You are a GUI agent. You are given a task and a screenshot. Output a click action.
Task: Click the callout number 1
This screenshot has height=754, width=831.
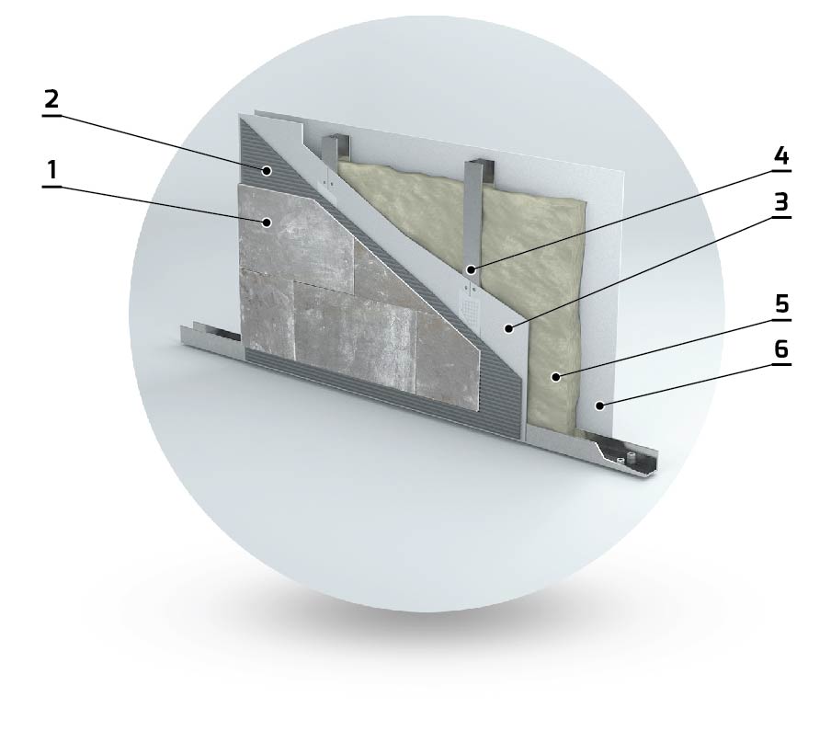click(x=51, y=170)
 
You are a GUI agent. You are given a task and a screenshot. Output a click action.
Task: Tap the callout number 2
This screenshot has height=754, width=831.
click(x=51, y=99)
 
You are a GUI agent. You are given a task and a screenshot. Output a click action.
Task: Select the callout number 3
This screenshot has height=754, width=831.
click(x=781, y=202)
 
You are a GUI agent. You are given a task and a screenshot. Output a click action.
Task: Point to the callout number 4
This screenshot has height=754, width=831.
click(x=781, y=156)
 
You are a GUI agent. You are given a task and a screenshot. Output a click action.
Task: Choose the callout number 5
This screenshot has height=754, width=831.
click(x=781, y=304)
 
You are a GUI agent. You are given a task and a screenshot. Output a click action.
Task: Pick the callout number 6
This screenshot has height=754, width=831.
click(x=781, y=349)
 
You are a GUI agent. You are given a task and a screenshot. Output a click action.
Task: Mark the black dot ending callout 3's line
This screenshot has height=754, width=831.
click(x=508, y=329)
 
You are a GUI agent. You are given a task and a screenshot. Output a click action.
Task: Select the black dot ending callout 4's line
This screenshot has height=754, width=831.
click(x=471, y=270)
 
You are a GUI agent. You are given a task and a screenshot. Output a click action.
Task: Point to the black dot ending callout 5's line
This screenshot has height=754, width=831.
click(x=555, y=377)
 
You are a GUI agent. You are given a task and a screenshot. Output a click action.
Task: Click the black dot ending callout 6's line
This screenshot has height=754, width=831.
click(x=599, y=406)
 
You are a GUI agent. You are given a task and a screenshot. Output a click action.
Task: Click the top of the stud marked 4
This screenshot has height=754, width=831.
click(x=480, y=162)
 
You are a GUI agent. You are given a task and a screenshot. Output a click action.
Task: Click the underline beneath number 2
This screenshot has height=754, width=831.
click(x=51, y=114)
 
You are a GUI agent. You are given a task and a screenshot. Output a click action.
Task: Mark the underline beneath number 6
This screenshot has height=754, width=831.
click(x=781, y=364)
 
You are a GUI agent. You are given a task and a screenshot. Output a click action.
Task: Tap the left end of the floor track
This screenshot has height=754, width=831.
click(x=183, y=333)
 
